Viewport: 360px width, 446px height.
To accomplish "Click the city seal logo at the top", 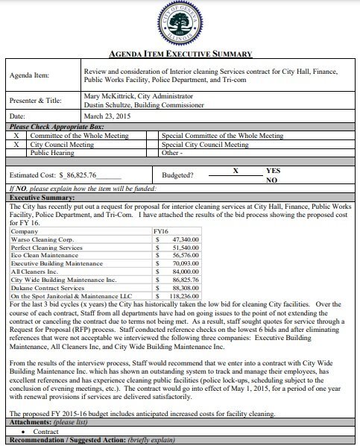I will tap(180, 24).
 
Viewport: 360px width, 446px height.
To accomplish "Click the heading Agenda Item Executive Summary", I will tap(180, 54).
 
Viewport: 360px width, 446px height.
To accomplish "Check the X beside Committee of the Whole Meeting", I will tap(16, 136).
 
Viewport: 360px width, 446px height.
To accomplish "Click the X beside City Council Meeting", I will tap(16, 144).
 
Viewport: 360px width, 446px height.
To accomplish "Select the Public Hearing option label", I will tap(54, 153).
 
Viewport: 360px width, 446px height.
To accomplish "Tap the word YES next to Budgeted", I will tap(273, 171).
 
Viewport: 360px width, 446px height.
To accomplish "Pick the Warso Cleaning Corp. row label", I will tap(42, 219).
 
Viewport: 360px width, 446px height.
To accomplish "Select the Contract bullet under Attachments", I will tap(45, 431).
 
